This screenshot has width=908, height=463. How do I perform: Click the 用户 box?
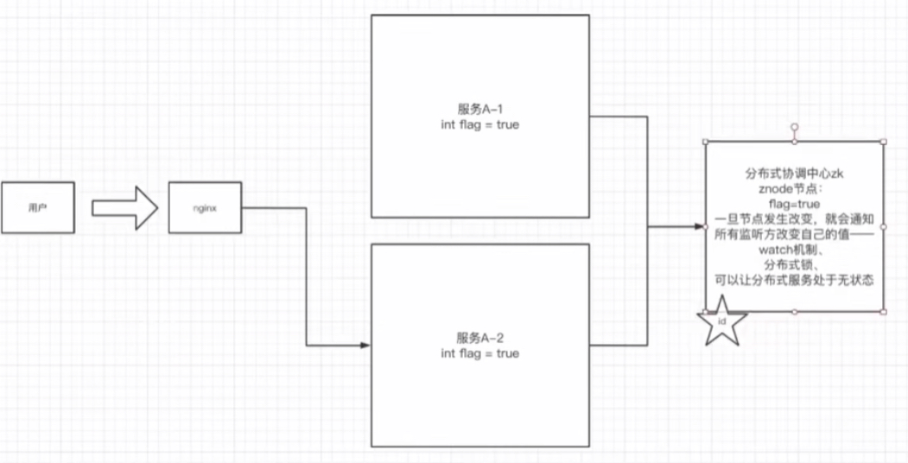pos(37,208)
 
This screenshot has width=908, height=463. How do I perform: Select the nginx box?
pos(204,208)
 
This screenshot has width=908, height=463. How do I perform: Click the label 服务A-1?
pos(479,110)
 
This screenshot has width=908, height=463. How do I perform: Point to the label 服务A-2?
pos(479,338)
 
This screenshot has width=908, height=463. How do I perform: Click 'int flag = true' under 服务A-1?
pos(479,125)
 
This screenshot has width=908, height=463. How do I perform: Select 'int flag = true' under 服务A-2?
pos(479,353)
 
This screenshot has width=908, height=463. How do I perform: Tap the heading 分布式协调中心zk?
pos(793,173)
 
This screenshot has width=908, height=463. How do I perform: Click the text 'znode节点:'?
pos(793,188)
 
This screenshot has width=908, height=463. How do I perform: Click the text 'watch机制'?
pos(793,251)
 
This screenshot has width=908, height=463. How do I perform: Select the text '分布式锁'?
pos(793,265)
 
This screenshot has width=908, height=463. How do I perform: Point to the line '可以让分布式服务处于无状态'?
pos(793,281)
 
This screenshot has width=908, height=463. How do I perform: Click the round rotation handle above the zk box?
pos(795,127)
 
